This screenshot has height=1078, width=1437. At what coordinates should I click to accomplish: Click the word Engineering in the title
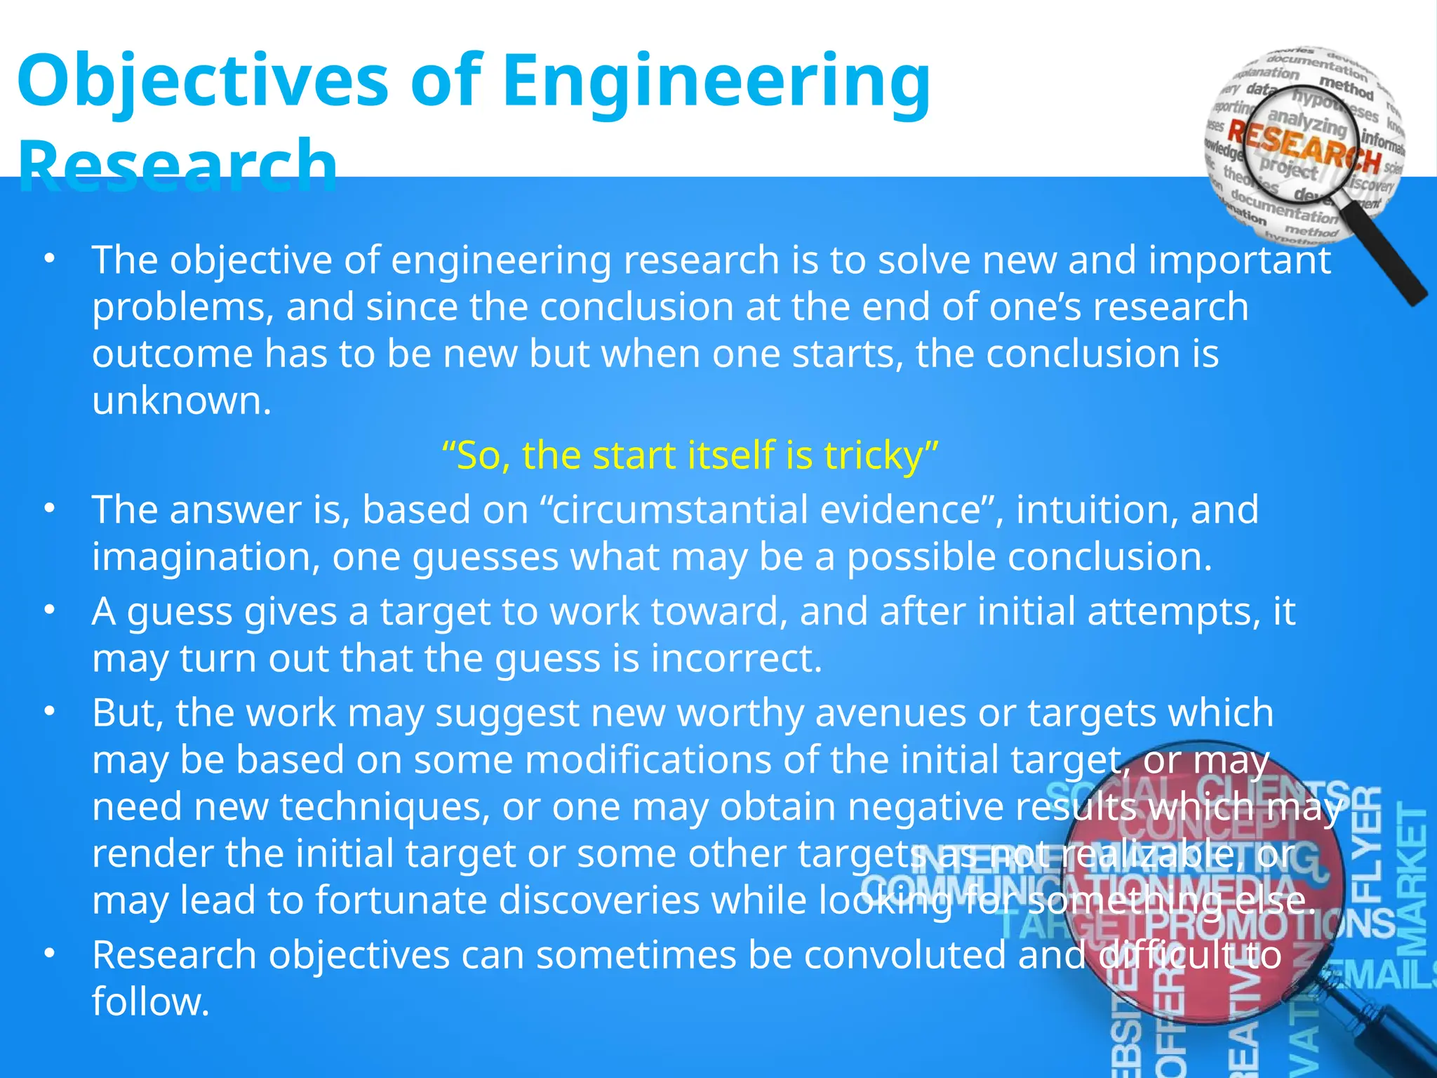(716, 83)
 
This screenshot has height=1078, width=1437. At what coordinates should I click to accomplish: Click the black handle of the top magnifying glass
(1396, 270)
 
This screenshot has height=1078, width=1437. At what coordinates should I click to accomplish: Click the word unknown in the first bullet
(181, 401)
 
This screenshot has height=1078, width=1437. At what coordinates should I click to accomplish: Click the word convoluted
(905, 955)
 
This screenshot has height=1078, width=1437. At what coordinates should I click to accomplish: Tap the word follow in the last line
(150, 1002)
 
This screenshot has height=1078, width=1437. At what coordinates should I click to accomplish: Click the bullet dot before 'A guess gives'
(48, 611)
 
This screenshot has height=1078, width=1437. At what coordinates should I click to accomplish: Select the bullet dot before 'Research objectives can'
(48, 954)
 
